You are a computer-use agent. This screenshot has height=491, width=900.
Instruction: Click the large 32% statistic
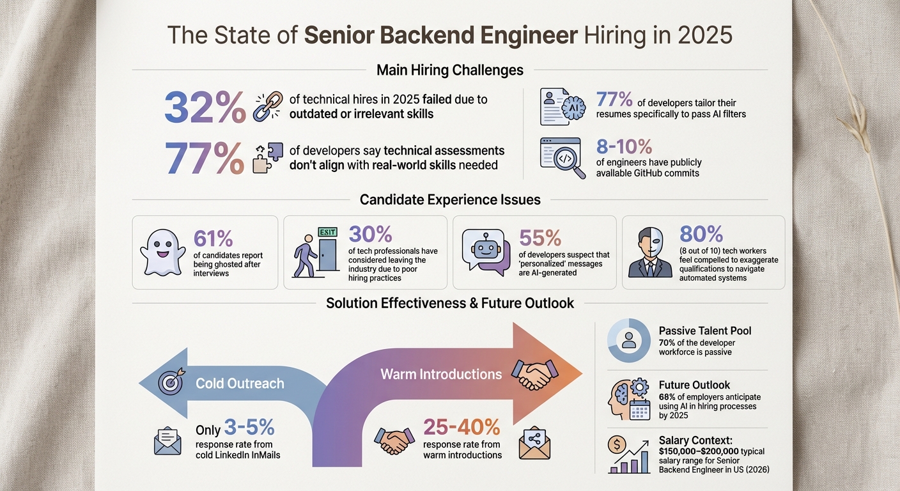205,107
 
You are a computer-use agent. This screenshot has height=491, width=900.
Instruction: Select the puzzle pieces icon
267,157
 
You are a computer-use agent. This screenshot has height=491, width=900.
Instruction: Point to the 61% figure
213,238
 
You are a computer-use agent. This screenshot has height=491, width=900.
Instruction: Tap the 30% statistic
371,235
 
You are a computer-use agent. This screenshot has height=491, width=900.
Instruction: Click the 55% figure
540,237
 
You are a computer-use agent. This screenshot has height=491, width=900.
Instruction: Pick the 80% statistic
701,234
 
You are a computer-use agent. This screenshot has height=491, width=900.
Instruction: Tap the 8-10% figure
624,146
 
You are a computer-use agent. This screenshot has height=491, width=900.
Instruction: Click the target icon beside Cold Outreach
171,383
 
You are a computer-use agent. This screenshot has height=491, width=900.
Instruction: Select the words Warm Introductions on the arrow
441,373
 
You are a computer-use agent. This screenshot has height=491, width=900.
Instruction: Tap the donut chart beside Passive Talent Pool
628,341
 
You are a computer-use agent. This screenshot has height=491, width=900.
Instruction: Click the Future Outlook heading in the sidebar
694,385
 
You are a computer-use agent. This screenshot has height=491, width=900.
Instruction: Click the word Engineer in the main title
521,35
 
